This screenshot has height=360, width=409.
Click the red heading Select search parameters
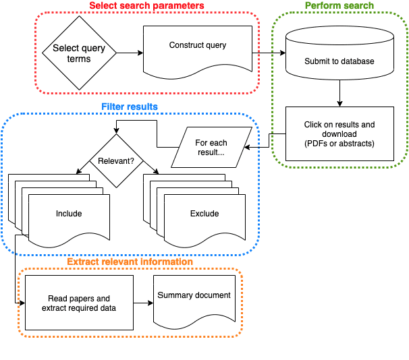147,6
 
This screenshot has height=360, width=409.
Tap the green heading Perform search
339,6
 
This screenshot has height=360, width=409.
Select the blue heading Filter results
130,107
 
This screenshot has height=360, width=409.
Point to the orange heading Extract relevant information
130,262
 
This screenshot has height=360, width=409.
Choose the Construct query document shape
198,49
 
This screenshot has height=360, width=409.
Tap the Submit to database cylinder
339,61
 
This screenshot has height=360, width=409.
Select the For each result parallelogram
211,148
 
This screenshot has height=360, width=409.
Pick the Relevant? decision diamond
116,161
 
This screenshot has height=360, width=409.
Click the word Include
69,214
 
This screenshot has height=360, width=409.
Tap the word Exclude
204,214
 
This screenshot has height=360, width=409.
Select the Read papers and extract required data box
80,303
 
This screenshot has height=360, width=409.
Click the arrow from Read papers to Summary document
143,303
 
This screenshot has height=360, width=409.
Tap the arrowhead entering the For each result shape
246,147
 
